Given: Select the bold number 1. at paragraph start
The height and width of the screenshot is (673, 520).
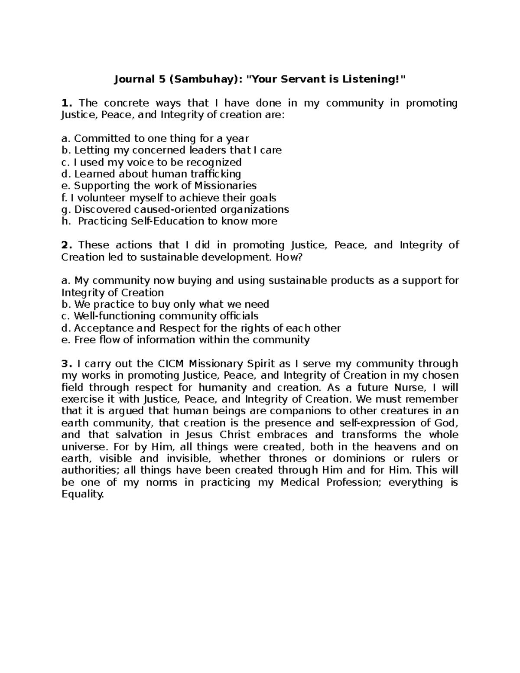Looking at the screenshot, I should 66,103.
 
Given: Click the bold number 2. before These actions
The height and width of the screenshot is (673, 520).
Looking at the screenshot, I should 66,245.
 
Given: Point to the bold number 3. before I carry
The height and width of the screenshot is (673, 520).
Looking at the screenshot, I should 66,364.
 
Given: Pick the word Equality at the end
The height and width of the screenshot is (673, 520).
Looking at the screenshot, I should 83,494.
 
